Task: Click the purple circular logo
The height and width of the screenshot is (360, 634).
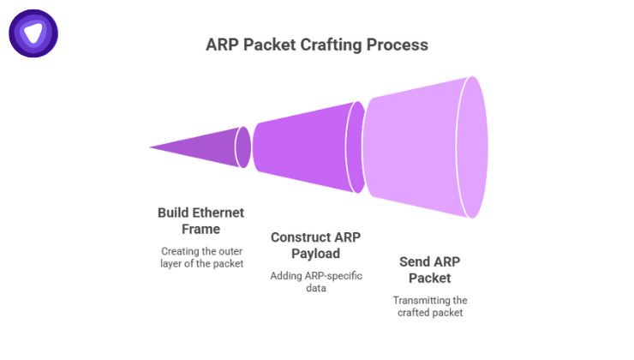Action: (33, 33)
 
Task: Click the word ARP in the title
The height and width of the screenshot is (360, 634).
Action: (224, 44)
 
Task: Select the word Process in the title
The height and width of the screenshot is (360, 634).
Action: (399, 44)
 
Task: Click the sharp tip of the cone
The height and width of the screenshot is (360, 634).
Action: (151, 147)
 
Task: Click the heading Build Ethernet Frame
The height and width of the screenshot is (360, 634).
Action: (200, 220)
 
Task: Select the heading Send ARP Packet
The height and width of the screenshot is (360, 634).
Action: (428, 269)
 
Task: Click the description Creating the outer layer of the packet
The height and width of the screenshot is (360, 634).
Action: (201, 257)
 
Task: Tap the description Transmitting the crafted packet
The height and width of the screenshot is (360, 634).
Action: (429, 307)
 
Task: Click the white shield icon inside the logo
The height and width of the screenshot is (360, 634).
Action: (33, 33)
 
